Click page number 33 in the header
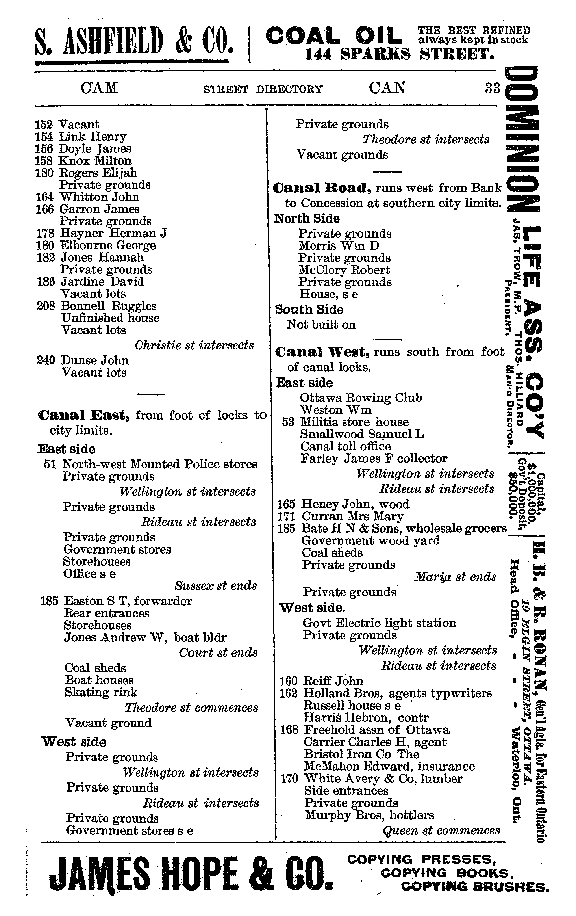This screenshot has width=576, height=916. [x=492, y=88]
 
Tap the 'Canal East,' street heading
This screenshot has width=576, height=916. [x=84, y=415]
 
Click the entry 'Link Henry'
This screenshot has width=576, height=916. [x=92, y=137]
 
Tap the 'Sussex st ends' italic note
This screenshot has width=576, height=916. [x=216, y=586]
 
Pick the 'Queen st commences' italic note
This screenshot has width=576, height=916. [x=441, y=831]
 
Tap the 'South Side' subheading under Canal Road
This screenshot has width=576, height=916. [x=309, y=310]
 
